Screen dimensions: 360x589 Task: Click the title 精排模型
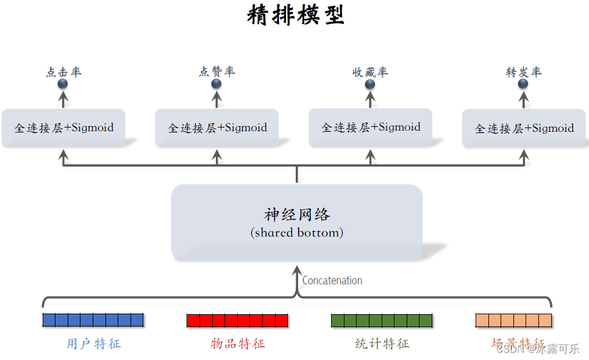(x=296, y=15)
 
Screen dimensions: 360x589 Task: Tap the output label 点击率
(x=63, y=72)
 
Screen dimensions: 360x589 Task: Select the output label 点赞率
(x=217, y=72)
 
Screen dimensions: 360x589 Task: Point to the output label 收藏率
(x=370, y=72)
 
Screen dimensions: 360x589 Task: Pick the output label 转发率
(x=524, y=72)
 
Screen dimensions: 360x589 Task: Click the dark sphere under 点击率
(x=63, y=84)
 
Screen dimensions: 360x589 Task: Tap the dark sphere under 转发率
(x=523, y=84)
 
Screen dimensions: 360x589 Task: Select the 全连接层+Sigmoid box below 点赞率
(x=217, y=128)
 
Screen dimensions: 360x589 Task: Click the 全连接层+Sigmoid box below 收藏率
(x=371, y=128)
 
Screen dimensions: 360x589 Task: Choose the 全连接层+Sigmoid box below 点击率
(x=63, y=128)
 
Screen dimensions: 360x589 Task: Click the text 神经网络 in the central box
(x=297, y=215)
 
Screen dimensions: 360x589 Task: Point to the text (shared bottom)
(x=297, y=232)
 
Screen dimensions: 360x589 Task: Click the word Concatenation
(x=332, y=281)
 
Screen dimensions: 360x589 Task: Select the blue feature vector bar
(x=93, y=320)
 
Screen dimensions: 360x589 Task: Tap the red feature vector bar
(x=237, y=320)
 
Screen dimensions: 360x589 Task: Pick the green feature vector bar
(x=382, y=320)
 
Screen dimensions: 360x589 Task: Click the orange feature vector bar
(x=513, y=320)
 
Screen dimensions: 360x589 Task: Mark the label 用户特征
(x=94, y=344)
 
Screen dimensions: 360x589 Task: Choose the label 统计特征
(x=382, y=344)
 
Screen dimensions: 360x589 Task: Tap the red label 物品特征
(x=238, y=344)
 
